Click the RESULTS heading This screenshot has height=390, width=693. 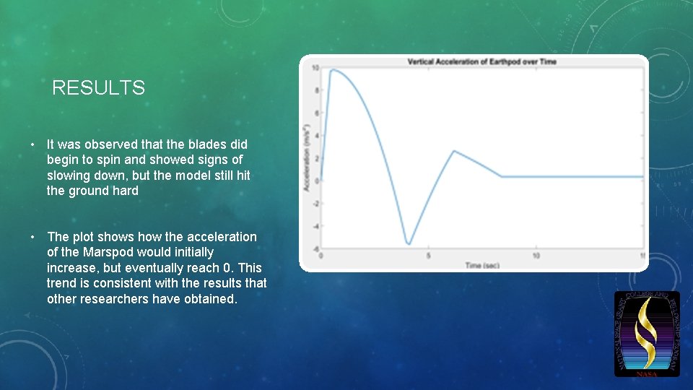[x=98, y=88]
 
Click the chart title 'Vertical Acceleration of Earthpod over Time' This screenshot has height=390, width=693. [x=481, y=62]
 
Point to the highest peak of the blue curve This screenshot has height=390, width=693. [x=332, y=70]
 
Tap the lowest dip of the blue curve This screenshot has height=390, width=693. [x=409, y=244]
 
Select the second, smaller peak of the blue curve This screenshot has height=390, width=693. [x=454, y=151]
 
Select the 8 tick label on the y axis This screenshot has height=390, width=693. [x=315, y=90]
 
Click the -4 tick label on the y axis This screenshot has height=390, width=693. [x=315, y=226]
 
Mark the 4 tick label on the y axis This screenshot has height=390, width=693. [x=315, y=136]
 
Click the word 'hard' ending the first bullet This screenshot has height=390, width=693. [x=125, y=191]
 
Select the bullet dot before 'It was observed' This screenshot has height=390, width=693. [x=33, y=144]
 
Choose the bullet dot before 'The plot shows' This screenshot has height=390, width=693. [x=33, y=237]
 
